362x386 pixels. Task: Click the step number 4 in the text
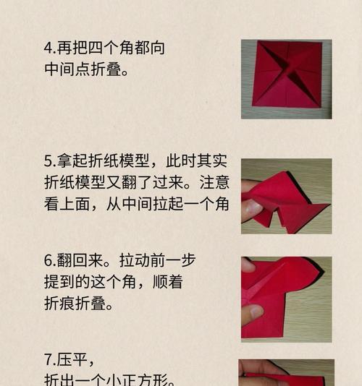[x=49, y=49]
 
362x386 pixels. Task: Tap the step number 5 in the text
[x=49, y=160]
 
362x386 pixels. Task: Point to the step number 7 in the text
[x=48, y=360]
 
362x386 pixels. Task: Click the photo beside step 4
[x=286, y=79]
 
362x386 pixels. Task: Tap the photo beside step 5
[x=286, y=196]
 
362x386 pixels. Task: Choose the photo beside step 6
[x=286, y=298]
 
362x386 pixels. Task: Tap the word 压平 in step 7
[x=70, y=360]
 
